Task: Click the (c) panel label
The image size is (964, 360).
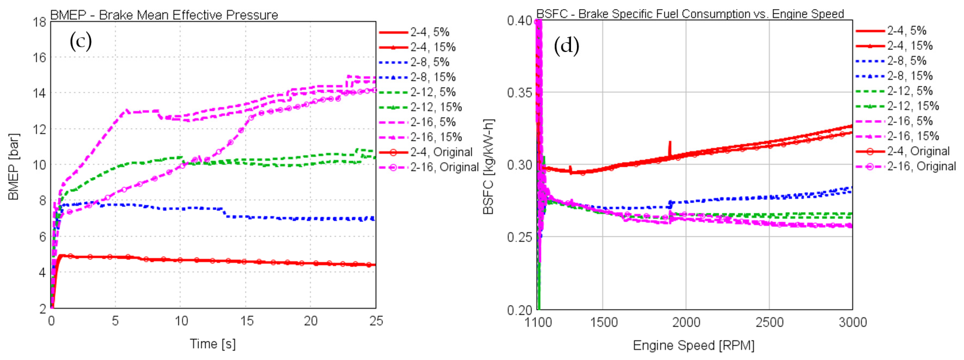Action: [80, 41]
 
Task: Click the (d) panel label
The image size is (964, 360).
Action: [566, 46]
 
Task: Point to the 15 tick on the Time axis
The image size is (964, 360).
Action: [246, 321]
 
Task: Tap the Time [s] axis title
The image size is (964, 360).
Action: [213, 344]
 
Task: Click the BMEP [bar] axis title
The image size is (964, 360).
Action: [14, 167]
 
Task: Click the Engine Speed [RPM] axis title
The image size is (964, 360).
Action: [693, 345]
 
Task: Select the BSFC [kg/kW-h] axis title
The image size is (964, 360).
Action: [489, 167]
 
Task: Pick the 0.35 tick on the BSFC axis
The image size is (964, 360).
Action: [519, 92]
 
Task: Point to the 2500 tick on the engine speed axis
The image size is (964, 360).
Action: [769, 322]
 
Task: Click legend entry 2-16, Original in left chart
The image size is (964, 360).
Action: [445, 167]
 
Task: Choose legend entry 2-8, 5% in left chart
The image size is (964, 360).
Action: [430, 62]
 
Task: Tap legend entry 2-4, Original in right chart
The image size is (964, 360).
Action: [918, 151]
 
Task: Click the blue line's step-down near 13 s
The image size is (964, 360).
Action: [224, 213]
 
